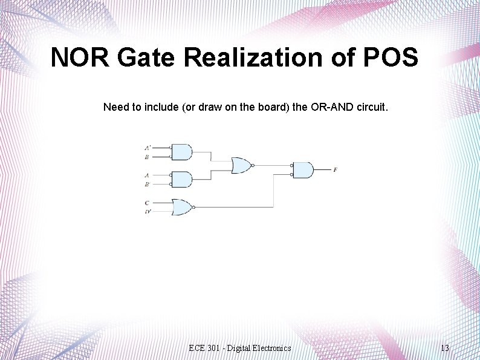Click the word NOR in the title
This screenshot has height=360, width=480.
point(81,58)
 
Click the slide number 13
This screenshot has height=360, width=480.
point(445,348)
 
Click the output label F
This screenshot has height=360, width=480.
point(335,170)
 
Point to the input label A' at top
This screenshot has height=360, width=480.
point(148,148)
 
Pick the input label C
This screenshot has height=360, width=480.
point(147,202)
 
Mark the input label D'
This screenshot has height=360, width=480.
point(148,212)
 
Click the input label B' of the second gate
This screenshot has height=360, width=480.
point(148,185)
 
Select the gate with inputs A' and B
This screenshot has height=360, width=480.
point(182,152)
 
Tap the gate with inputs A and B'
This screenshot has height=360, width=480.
point(182,179)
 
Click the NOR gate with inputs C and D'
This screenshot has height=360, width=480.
point(181,207)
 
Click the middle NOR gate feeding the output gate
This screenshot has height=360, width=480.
point(241,165)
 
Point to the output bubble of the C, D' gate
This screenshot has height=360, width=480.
point(193,207)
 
